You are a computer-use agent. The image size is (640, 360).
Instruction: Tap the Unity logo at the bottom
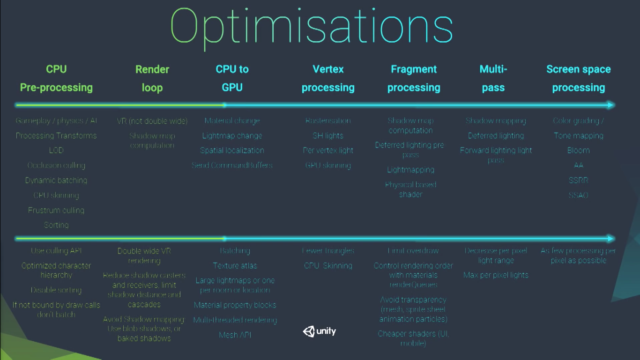click(x=320, y=331)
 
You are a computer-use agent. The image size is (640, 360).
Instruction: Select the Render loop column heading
click(x=152, y=78)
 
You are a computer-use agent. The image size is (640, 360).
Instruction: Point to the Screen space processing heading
click(x=579, y=78)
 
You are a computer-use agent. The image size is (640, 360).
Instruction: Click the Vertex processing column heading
click(x=328, y=78)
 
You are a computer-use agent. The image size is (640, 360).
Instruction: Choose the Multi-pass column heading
click(x=493, y=78)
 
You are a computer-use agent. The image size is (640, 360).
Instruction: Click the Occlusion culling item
click(x=56, y=165)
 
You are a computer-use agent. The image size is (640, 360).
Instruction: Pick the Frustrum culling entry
click(x=56, y=210)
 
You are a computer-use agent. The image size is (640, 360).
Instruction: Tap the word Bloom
click(x=579, y=150)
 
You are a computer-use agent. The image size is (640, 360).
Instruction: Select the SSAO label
click(x=579, y=195)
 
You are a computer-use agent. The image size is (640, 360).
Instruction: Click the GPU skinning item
click(x=328, y=165)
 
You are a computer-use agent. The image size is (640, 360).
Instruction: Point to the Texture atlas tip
click(x=235, y=266)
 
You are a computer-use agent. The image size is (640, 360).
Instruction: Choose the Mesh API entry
click(x=235, y=335)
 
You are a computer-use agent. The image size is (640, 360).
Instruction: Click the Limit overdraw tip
click(x=413, y=251)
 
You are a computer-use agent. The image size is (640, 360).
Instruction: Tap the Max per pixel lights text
click(x=496, y=275)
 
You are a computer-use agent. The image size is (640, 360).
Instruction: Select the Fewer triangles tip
click(x=328, y=251)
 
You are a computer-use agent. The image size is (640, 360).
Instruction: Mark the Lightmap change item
click(x=232, y=135)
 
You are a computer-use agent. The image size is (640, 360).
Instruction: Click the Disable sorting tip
click(x=56, y=290)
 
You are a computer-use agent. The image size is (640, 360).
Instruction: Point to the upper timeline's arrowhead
click(x=610, y=105)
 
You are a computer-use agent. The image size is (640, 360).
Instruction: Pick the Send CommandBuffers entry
click(x=232, y=165)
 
